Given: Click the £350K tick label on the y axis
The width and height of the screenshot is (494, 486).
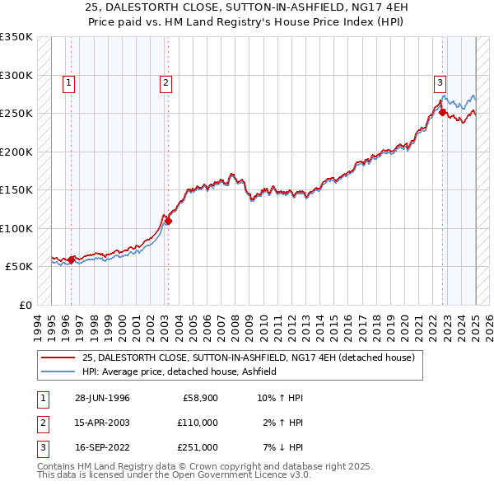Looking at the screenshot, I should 16,37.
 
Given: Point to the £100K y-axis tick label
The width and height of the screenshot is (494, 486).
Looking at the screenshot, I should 16,228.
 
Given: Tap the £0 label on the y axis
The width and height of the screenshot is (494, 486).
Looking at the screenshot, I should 24,305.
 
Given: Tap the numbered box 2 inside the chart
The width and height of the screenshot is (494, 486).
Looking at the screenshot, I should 165,82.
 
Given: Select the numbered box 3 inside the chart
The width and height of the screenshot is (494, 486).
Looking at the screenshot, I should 440,82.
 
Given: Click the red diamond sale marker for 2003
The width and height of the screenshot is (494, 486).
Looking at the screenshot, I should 168,221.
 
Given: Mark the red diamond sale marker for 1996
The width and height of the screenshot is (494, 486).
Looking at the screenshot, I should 72,259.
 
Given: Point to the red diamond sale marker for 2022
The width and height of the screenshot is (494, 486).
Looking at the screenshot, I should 442,113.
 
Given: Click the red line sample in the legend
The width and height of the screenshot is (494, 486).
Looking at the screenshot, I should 58,357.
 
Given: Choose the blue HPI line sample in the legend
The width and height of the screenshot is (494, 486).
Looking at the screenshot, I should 58,372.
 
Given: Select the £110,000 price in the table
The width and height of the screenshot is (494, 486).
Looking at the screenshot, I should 198,423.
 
